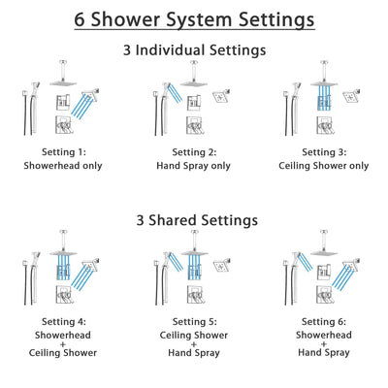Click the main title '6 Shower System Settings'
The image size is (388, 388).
pyautogui.click(x=194, y=18)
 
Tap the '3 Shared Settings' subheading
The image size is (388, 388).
pyautogui.click(x=194, y=219)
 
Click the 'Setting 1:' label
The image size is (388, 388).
pyautogui.click(x=63, y=151)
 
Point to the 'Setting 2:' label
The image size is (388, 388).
pyautogui.click(x=193, y=151)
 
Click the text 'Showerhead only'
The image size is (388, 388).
pyautogui.click(x=63, y=165)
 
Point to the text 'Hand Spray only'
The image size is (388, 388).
pyautogui.click(x=193, y=165)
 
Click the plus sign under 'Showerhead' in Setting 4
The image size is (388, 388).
pyautogui.click(x=63, y=341)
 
